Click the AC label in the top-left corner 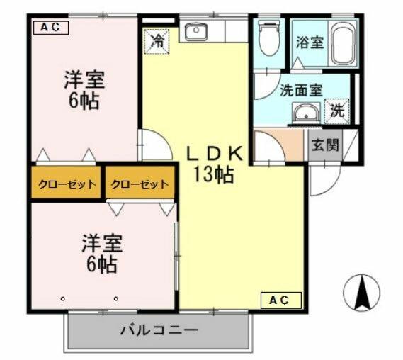(x=50, y=28)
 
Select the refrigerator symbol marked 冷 (x=157, y=40)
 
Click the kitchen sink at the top (x=195, y=32)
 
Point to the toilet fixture (x=270, y=40)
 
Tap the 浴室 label (x=310, y=42)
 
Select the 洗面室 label (x=301, y=90)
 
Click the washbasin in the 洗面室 (x=306, y=113)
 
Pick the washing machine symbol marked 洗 (x=338, y=111)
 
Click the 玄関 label (x=325, y=147)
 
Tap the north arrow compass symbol (x=361, y=291)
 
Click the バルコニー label (x=158, y=330)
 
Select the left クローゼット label (x=67, y=184)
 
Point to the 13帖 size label (x=214, y=174)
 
